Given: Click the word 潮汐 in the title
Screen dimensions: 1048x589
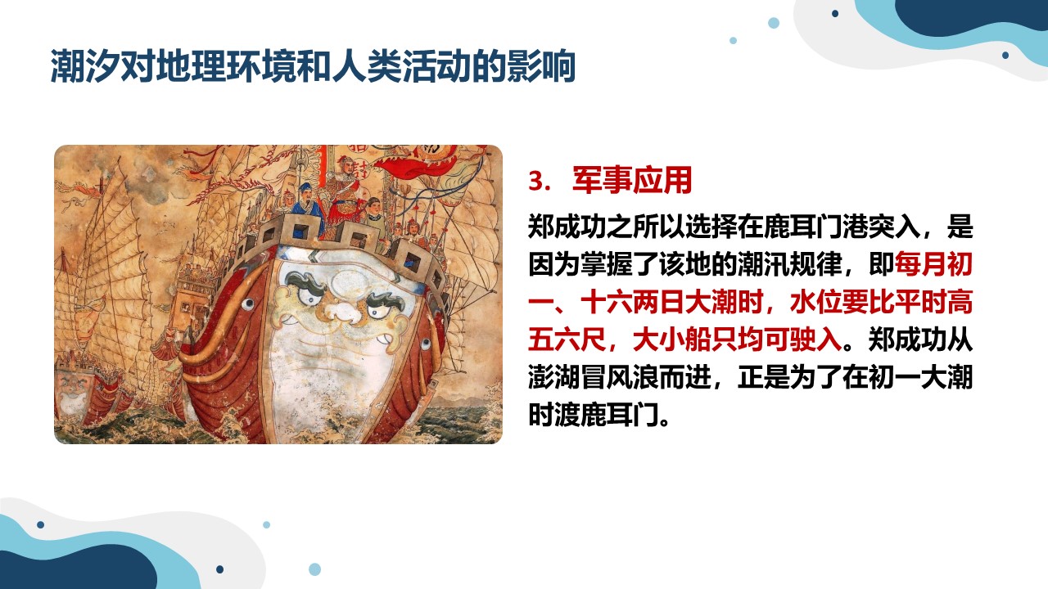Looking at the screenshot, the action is (x=85, y=66).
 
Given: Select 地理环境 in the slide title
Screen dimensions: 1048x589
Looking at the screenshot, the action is (x=225, y=66).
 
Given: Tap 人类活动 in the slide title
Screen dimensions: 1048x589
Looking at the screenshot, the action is (x=401, y=66).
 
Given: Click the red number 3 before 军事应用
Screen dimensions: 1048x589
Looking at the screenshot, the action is (x=539, y=182).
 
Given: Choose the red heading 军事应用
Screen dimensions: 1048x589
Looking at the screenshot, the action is (x=632, y=181).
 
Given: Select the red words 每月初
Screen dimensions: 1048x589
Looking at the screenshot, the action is (x=933, y=264).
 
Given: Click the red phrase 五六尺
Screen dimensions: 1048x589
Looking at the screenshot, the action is (x=567, y=339).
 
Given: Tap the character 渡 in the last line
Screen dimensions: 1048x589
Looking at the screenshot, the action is (x=567, y=415).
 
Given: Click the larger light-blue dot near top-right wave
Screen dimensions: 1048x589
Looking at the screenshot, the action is (x=774, y=22).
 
